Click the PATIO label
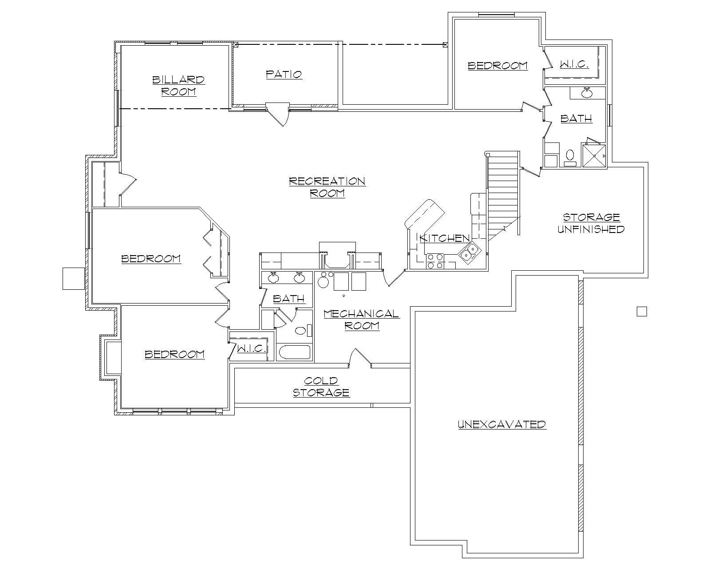point(284,74)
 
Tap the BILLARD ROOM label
point(178,86)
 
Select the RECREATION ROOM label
point(327,187)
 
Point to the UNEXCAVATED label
point(501,424)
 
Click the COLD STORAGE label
point(321,387)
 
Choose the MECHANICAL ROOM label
point(362,319)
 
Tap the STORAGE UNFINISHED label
point(591,223)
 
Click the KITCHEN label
point(445,238)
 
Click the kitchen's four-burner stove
point(434,261)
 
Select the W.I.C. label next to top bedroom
point(574,64)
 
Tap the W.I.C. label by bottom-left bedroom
point(252,348)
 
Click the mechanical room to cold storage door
point(360,357)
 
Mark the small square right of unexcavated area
point(642,312)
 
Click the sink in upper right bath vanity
point(587,93)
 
